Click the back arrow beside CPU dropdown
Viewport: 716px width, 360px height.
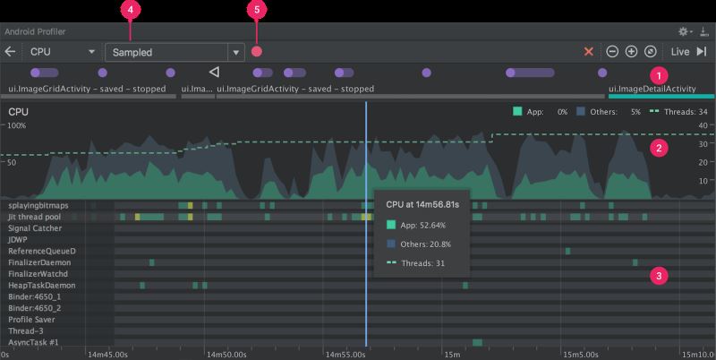pos(10,52)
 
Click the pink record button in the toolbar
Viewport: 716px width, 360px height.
pos(257,52)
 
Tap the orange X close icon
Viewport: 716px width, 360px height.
pos(588,52)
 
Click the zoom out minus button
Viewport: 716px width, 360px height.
pos(612,52)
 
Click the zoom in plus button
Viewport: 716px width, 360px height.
pos(631,52)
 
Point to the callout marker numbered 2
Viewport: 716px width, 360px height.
pos(659,149)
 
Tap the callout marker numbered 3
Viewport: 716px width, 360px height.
pos(659,276)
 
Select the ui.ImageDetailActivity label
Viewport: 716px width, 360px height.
pos(652,89)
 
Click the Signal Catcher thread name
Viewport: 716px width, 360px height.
pos(36,228)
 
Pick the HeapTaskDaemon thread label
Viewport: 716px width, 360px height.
pos(40,285)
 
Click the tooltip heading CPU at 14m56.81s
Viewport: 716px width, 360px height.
pos(422,203)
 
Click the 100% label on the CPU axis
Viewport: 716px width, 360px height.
pos(18,126)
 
